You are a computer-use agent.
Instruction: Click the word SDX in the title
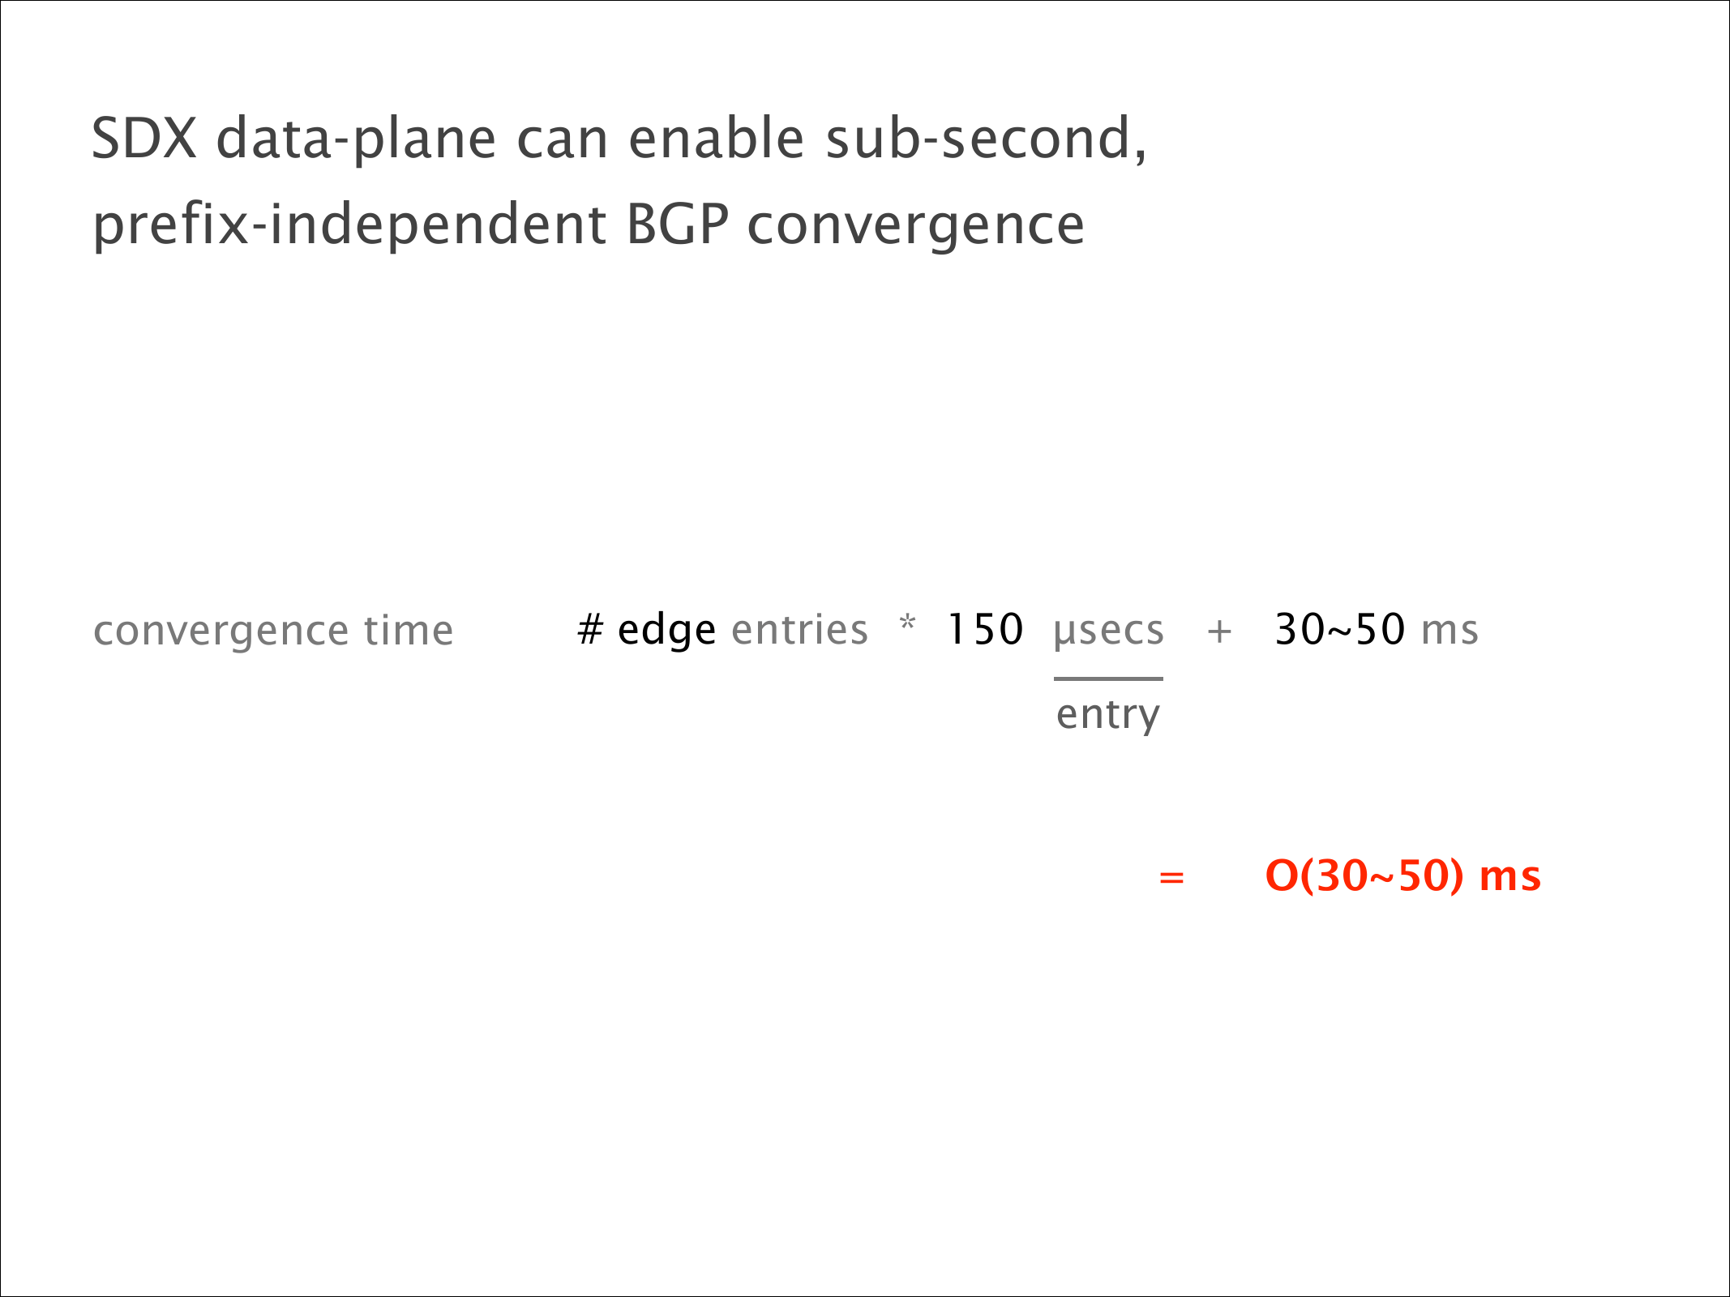[x=144, y=138]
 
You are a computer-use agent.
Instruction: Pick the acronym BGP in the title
[x=678, y=224]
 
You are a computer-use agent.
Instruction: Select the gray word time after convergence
[x=408, y=630]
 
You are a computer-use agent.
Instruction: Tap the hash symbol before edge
[x=590, y=630]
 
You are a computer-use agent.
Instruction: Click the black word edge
[x=666, y=631]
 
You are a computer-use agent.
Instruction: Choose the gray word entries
[x=799, y=630]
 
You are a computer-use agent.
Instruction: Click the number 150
[x=986, y=630]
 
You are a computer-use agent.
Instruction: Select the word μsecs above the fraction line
[x=1108, y=631]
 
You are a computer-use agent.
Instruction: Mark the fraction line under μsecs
[x=1108, y=678]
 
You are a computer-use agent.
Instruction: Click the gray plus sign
[x=1219, y=631]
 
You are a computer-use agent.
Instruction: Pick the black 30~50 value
[x=1339, y=630]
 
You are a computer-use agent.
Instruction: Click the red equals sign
[x=1171, y=877]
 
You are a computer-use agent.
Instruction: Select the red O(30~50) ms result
[x=1402, y=876]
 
